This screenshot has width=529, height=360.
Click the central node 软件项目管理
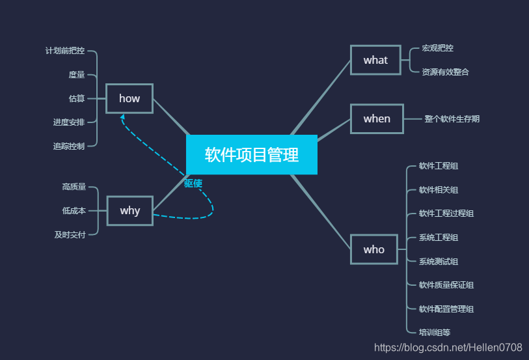[x=252, y=155]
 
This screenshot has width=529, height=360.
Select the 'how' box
[x=129, y=98]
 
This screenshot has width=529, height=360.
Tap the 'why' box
[x=130, y=210]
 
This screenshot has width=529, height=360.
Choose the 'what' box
[x=375, y=60]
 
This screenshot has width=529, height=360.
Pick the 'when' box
[x=377, y=118]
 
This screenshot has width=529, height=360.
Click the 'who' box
[x=374, y=249]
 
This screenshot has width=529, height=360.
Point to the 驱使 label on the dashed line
[x=193, y=184]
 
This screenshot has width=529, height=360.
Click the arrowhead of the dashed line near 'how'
[x=122, y=117]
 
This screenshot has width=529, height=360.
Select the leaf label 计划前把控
[x=65, y=51]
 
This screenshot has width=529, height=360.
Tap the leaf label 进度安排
[x=69, y=122]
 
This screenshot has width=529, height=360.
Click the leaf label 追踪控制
[x=69, y=146]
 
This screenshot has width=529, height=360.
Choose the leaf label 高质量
[x=74, y=187]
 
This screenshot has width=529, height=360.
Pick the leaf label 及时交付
[x=70, y=235]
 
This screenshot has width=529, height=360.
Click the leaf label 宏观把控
[x=438, y=48]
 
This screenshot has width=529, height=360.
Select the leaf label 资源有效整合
[x=446, y=72]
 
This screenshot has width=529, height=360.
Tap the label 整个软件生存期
[x=452, y=119]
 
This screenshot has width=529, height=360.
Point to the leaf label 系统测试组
[x=439, y=262]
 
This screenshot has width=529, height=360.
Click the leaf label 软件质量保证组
[x=446, y=285]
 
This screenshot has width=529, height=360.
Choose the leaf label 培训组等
[x=435, y=333]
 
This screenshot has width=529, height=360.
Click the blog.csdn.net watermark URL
[x=448, y=348]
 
